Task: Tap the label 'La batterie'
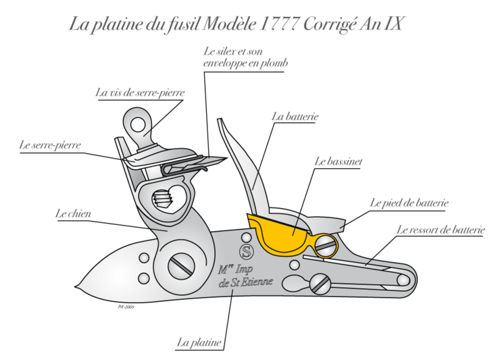[295, 116]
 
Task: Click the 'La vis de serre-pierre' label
[139, 93]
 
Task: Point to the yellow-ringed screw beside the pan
[326, 245]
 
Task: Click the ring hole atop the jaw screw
[139, 124]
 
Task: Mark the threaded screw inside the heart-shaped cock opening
[164, 199]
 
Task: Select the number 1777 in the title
[278, 24]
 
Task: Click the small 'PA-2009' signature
[126, 306]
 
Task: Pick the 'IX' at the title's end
[393, 24]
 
